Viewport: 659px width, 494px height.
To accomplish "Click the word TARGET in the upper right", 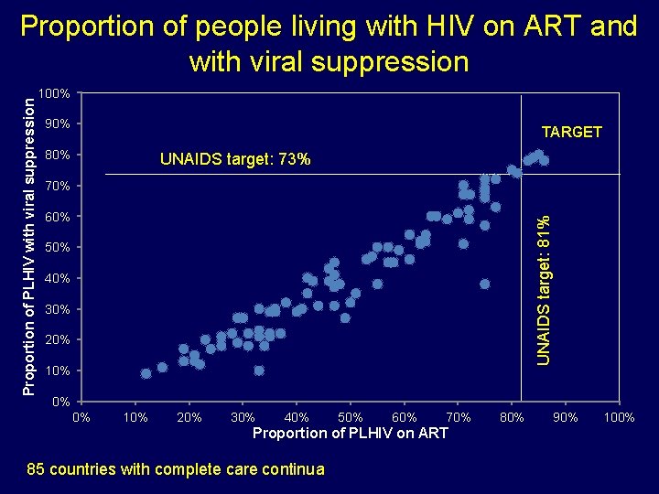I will click(x=571, y=132).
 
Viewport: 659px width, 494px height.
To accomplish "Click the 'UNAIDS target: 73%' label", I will click(x=235, y=160).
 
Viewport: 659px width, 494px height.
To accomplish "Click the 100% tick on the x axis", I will click(x=620, y=418).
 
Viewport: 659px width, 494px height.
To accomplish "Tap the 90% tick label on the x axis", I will click(x=566, y=418).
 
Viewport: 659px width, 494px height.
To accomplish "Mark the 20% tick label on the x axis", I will click(x=189, y=418).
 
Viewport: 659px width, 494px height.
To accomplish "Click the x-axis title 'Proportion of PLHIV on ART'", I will click(x=350, y=433).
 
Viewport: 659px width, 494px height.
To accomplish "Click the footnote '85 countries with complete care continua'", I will click(x=176, y=469).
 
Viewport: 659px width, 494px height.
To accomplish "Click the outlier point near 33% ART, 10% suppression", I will click(x=259, y=370).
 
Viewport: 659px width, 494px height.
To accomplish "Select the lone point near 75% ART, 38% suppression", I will click(x=484, y=285).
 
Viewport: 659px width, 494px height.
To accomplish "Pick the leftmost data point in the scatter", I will click(x=146, y=373).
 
